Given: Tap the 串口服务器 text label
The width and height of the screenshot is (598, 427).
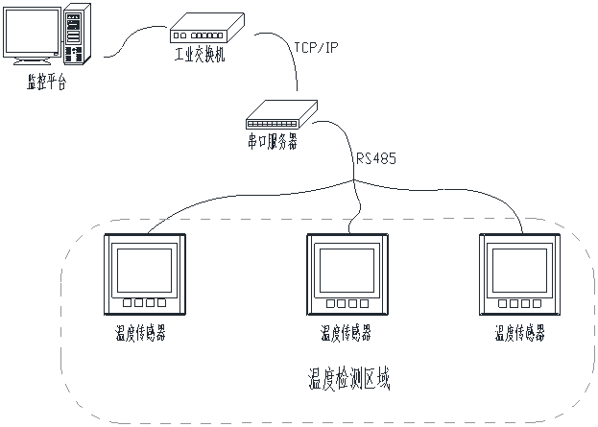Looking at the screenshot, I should [274, 141].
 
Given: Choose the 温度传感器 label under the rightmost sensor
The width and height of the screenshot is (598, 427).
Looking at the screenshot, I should [520, 333].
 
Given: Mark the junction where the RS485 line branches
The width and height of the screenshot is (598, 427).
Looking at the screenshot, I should [354, 182].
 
